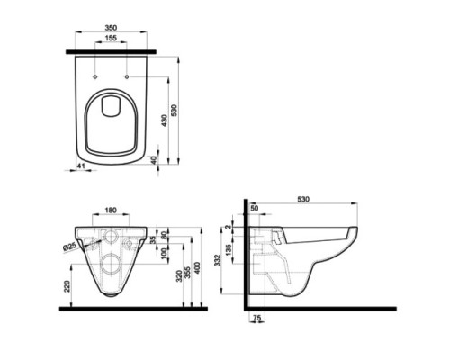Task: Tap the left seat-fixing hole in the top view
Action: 94,77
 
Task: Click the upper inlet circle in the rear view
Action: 112,238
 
